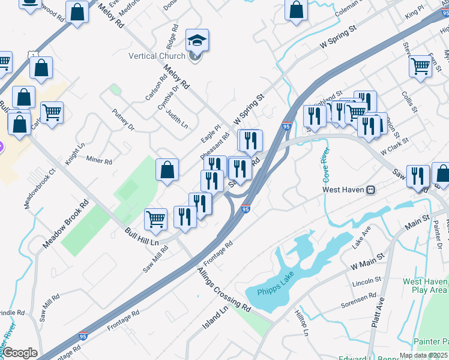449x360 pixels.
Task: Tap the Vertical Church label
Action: point(157,56)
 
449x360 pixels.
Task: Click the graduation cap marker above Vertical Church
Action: point(197,41)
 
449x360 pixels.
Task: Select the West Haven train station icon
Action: point(371,190)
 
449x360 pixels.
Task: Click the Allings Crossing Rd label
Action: point(224,289)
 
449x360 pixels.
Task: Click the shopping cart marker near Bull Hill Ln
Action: point(156,219)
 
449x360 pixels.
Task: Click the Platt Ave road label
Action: point(378,313)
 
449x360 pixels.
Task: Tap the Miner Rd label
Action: point(99,161)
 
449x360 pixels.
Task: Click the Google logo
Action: point(19,353)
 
